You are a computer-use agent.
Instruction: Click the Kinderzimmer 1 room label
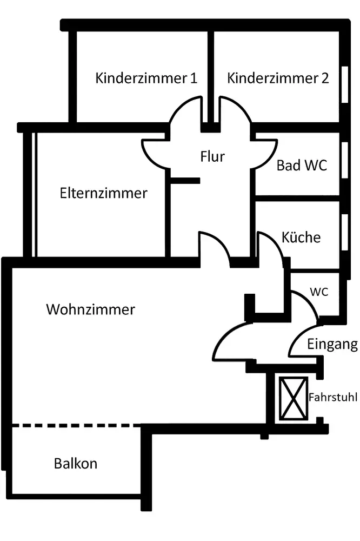pos(146,78)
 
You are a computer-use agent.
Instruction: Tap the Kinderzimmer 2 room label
pos(278,78)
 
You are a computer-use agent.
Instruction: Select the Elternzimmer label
pos(103,193)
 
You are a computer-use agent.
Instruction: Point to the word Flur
pos(212,157)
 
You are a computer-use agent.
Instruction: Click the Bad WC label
pos(302,166)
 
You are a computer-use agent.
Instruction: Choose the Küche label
pos(301,237)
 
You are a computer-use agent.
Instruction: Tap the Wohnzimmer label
pos(90,310)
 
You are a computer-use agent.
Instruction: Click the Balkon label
pos(76,464)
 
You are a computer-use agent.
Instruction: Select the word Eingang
pos(332,344)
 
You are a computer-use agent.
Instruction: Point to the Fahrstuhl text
pos(333,397)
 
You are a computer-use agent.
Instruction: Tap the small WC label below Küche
pos(318,291)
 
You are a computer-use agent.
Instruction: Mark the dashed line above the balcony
pos(76,426)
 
